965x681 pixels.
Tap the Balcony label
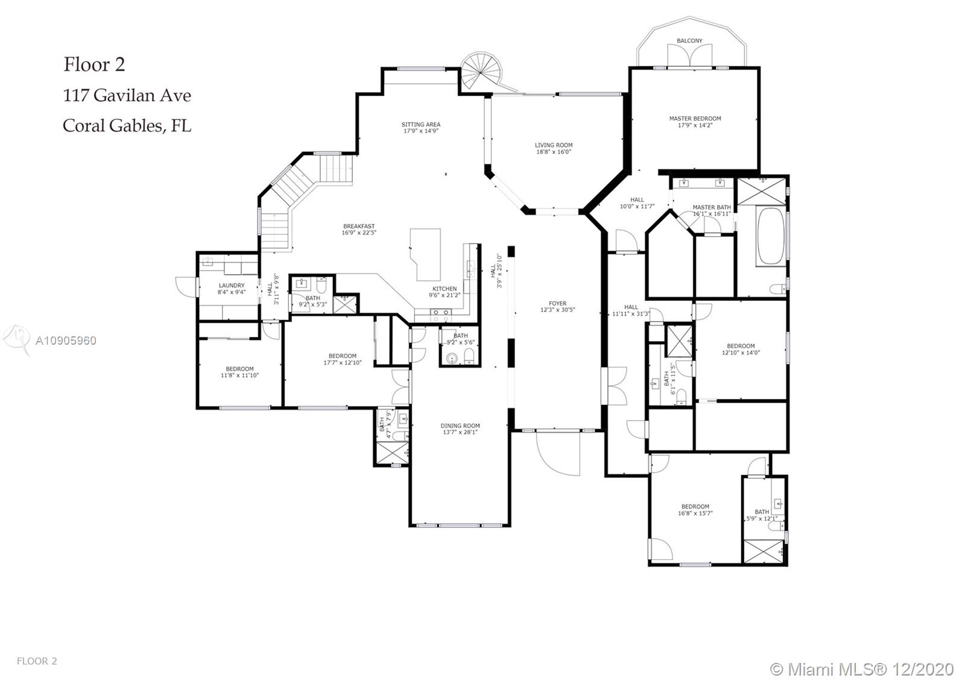click(x=689, y=41)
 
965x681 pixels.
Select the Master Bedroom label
click(x=695, y=119)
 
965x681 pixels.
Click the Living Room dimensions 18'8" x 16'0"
click(x=554, y=152)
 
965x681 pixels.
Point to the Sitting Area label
click(x=421, y=125)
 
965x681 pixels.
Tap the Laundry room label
click(x=232, y=286)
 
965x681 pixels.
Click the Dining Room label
click(x=460, y=426)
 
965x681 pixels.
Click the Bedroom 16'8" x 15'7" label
click(x=695, y=507)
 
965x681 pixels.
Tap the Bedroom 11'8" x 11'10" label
click(x=239, y=369)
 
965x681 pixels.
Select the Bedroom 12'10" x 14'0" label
click(x=741, y=346)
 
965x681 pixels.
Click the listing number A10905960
click(x=66, y=340)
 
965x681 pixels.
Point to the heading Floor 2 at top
click(x=94, y=64)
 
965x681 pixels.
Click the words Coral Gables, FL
click(x=127, y=125)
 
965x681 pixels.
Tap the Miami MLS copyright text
click(x=862, y=669)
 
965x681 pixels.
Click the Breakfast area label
click(x=359, y=227)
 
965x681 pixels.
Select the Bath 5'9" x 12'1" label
click(x=762, y=512)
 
